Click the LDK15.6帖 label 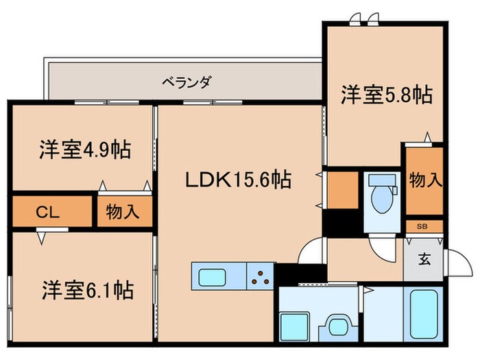point(237,180)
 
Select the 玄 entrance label point(425,260)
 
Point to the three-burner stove point(261,277)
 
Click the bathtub point(425,314)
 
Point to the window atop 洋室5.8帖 point(361,22)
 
